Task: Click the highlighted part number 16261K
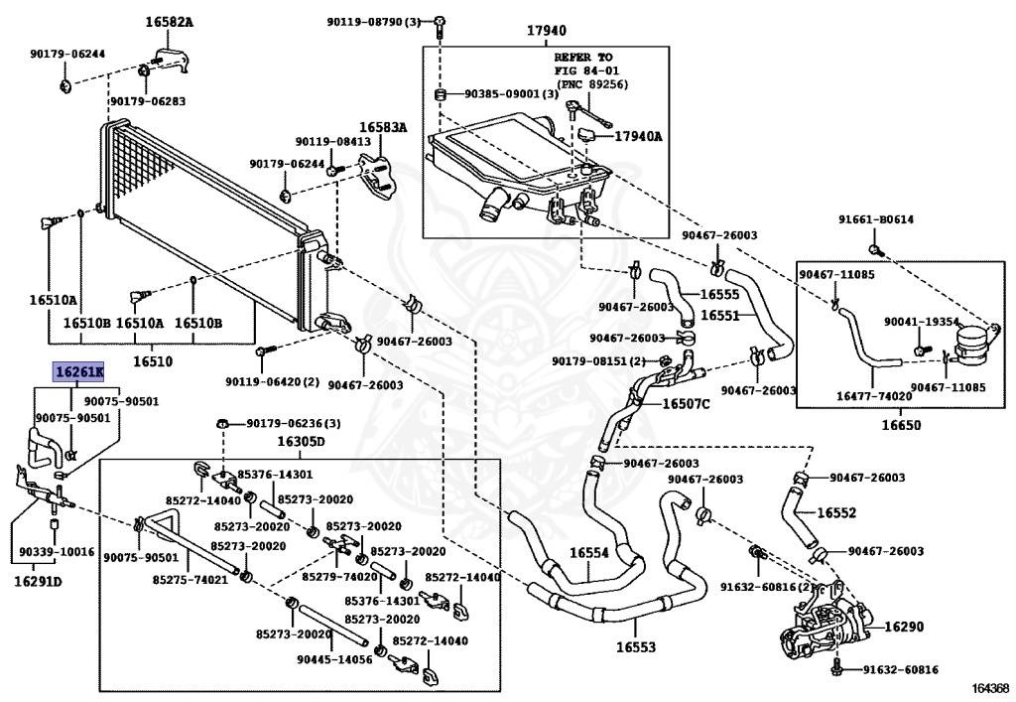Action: pos(79,372)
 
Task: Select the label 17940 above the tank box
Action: pos(547,31)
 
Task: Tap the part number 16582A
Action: pos(169,22)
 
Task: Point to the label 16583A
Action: pos(384,127)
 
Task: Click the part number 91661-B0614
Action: pos(876,219)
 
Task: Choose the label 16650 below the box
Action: pos(901,425)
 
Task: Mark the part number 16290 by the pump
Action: pos(904,627)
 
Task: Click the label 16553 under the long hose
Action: pos(636,647)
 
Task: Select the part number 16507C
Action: pos(687,404)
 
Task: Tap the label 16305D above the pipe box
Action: pos(301,442)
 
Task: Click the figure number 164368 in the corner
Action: pos(990,688)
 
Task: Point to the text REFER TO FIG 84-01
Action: pos(586,64)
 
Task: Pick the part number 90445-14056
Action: pos(335,659)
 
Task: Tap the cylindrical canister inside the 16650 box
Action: pos(974,343)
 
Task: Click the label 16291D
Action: pos(39,582)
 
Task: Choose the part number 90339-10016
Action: pos(57,552)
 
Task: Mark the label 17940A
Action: pos(638,136)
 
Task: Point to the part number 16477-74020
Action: pos(874,395)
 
